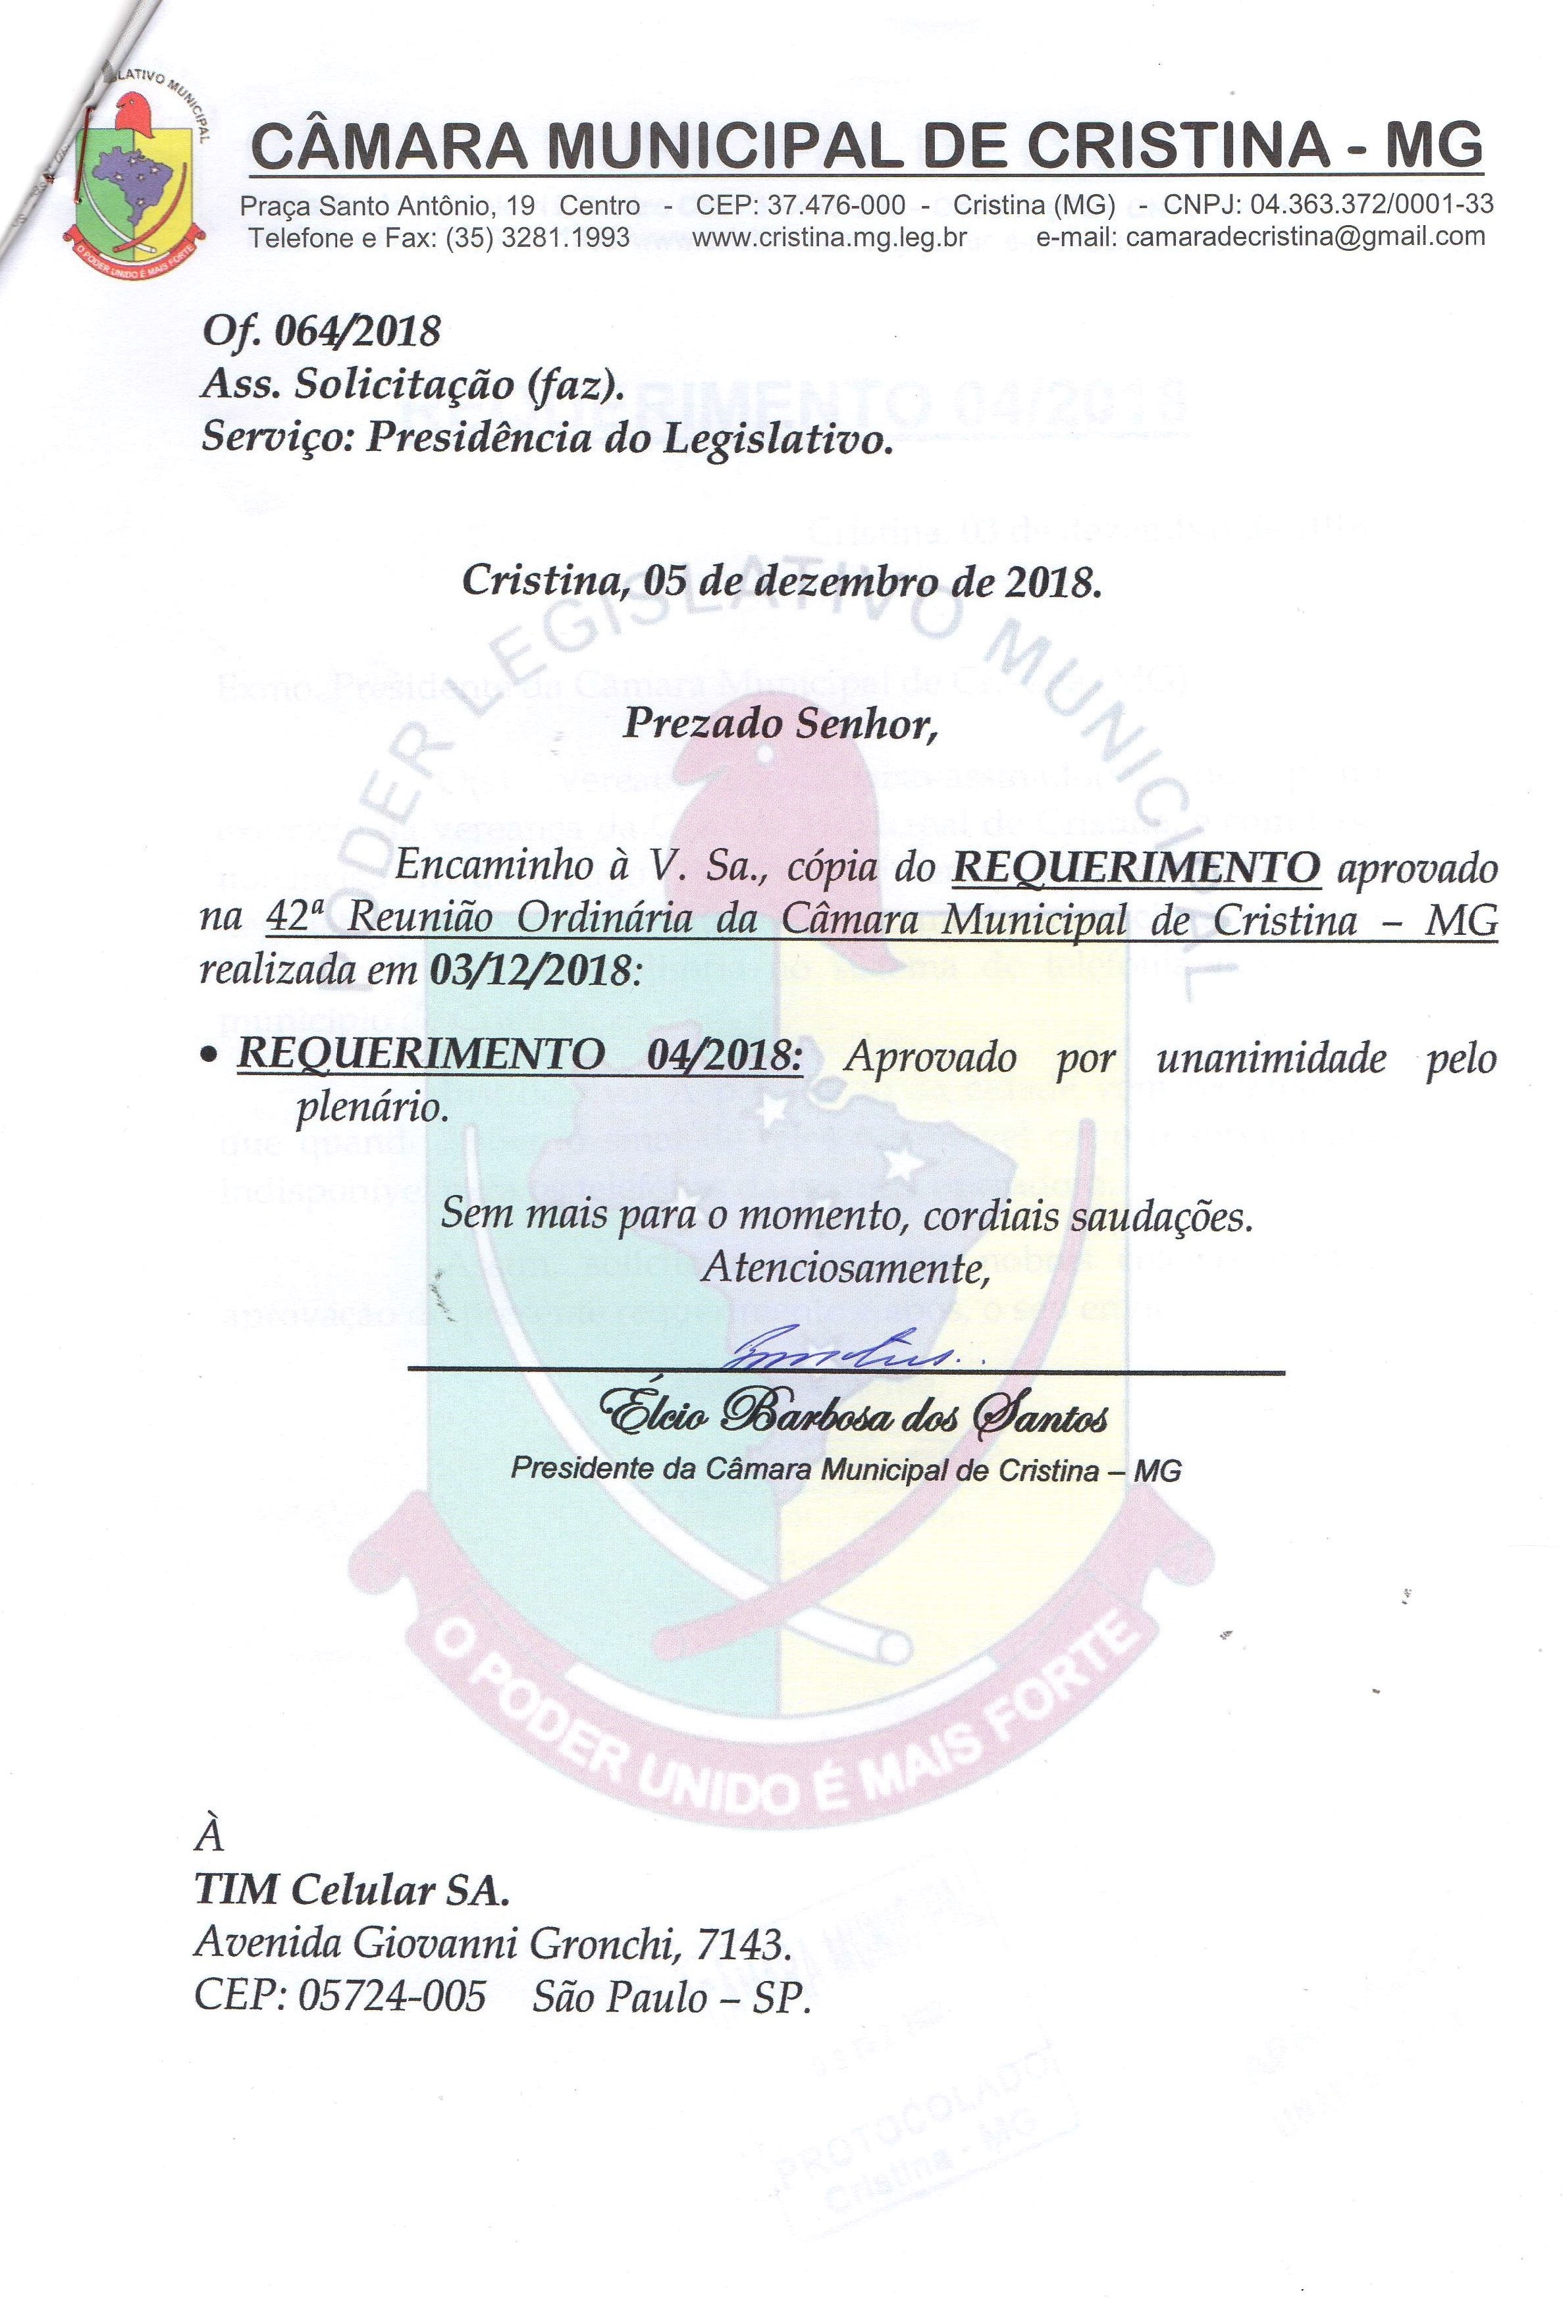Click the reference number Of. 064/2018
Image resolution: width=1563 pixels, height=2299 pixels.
coord(321,330)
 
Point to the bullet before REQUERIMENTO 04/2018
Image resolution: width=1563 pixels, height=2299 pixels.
coord(208,1059)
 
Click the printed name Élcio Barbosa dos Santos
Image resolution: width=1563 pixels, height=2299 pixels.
coord(857,1417)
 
